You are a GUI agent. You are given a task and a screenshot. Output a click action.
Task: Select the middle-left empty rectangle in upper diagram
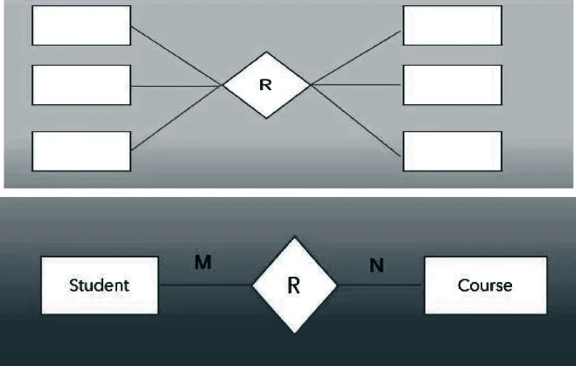(x=81, y=85)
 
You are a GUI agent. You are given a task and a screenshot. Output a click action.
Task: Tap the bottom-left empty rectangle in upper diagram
(x=81, y=151)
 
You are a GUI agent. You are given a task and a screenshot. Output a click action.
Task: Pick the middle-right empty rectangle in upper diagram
(x=453, y=85)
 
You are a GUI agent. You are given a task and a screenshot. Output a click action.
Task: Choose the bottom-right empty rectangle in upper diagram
(x=453, y=151)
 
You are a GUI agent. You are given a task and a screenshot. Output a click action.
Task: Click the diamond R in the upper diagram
(x=266, y=85)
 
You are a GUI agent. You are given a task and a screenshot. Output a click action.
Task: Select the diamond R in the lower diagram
(x=294, y=285)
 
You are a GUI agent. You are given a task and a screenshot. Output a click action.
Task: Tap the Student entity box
(x=99, y=285)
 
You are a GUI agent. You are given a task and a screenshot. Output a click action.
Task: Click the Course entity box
(x=485, y=285)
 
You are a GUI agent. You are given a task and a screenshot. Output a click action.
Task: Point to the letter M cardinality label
(x=202, y=262)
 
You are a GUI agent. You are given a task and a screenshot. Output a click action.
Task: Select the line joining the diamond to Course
(x=381, y=285)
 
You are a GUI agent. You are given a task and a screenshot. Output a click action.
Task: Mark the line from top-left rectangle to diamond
(x=175, y=54)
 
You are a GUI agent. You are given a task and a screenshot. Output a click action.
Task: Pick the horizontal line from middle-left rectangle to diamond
(x=175, y=86)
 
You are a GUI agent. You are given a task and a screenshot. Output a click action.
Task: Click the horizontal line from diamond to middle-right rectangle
(x=357, y=85)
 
